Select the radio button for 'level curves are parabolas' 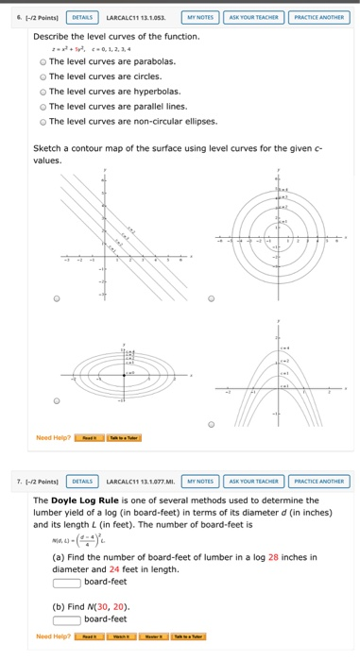tap(43, 60)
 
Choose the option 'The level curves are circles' tap(43, 76)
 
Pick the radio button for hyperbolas tap(43, 91)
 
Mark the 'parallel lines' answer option tap(43, 106)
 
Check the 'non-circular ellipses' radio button tap(43, 121)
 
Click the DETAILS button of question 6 tap(83, 16)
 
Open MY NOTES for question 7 tap(199, 481)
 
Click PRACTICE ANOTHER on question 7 tap(318, 481)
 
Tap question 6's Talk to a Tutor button tap(124, 438)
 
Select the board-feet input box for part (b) tap(66, 619)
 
